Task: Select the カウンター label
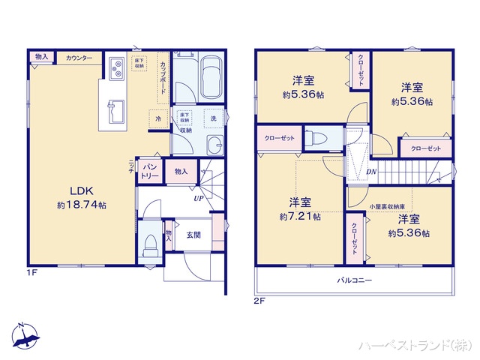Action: tap(79, 58)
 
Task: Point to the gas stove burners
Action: tap(117, 70)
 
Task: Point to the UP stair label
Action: tap(198, 199)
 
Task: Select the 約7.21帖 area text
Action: tap(300, 217)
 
